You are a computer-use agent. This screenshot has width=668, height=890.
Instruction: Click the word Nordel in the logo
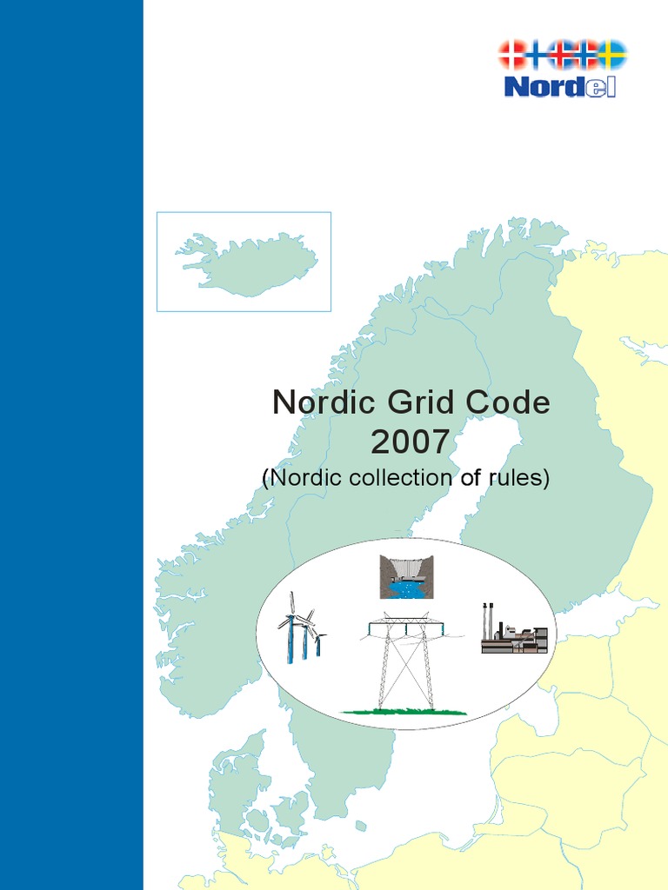point(560,86)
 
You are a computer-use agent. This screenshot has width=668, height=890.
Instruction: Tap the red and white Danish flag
point(511,55)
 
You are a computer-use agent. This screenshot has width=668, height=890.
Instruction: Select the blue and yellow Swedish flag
point(612,54)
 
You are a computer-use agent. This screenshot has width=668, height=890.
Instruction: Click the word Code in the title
point(507,403)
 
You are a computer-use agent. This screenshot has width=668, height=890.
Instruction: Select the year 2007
point(411,442)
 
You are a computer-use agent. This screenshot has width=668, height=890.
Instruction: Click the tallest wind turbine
point(291,628)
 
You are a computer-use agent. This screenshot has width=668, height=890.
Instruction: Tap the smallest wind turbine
point(319,644)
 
